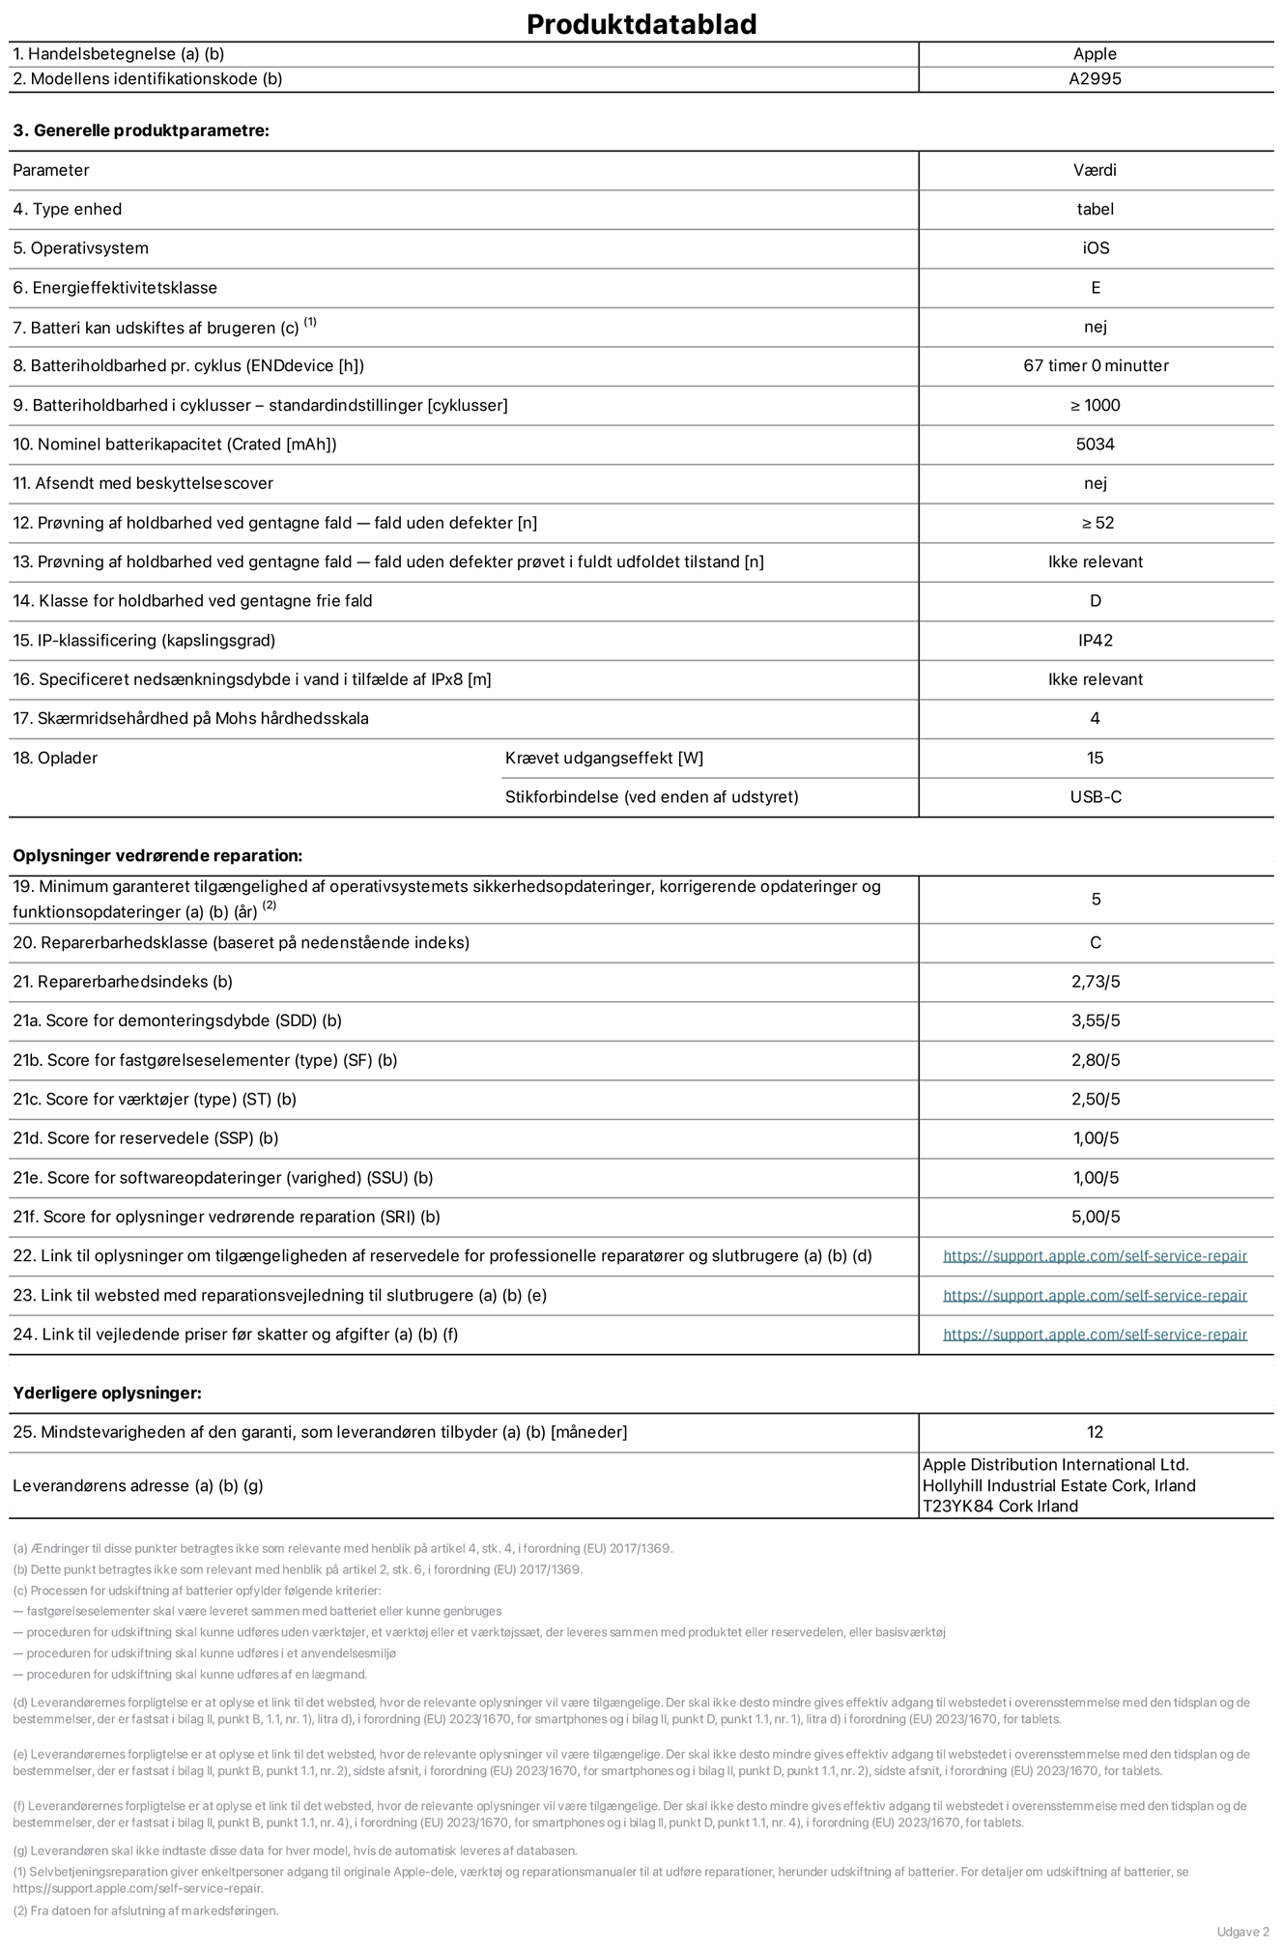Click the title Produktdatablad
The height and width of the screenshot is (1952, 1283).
click(641, 24)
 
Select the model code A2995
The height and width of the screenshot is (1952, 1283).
click(1095, 79)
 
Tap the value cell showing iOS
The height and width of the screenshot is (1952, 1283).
click(1095, 248)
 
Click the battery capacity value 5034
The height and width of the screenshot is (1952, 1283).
click(1095, 445)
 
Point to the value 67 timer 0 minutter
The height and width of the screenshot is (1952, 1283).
click(1095, 366)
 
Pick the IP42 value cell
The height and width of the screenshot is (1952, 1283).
click(1095, 641)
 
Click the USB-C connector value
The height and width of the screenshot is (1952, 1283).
click(1095, 797)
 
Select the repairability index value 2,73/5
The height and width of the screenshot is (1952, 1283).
click(1095, 982)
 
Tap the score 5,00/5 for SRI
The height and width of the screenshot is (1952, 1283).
click(1095, 1218)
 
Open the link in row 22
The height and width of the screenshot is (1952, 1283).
click(1095, 1256)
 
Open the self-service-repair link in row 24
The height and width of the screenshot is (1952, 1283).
click(1095, 1335)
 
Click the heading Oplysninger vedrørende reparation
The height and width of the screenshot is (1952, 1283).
click(157, 856)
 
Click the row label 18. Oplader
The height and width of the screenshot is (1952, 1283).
click(55, 759)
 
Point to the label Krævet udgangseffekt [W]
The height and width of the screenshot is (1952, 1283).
click(604, 759)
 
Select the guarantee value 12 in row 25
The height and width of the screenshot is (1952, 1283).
click(1095, 1432)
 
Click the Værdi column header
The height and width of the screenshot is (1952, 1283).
click(1095, 170)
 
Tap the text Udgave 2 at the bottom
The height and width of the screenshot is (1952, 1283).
click(1242, 1932)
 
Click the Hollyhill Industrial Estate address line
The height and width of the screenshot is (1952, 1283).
click(1058, 1485)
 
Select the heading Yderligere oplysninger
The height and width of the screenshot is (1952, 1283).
click(107, 1393)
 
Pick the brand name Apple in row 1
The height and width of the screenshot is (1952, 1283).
click(1095, 54)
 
